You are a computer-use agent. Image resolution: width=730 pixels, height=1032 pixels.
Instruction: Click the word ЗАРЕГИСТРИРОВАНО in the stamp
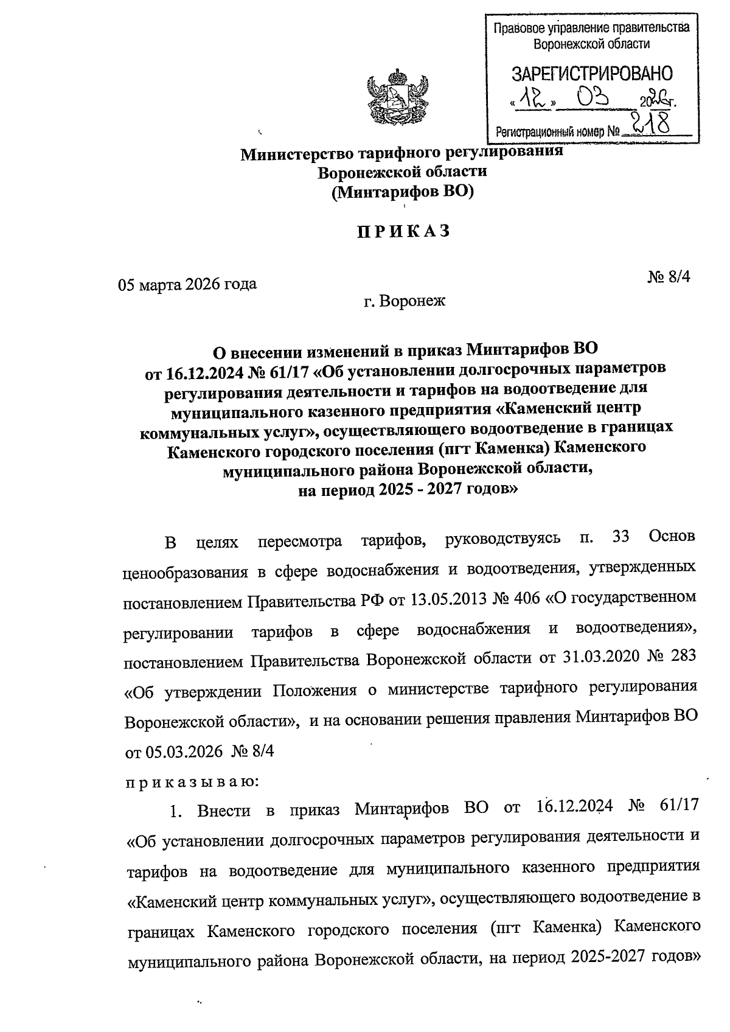tap(593, 74)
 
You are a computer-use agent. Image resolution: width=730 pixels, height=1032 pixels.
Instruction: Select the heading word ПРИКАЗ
tap(403, 231)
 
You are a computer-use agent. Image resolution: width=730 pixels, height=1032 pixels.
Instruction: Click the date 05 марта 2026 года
tap(187, 284)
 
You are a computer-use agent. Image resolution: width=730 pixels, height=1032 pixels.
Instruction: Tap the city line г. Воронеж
tap(405, 301)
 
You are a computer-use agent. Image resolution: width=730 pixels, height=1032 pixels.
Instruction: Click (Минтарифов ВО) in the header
tap(403, 192)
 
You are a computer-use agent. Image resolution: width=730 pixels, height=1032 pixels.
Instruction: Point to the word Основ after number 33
tap(671, 537)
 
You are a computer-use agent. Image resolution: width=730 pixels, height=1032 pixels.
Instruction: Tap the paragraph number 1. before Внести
tap(176, 812)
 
